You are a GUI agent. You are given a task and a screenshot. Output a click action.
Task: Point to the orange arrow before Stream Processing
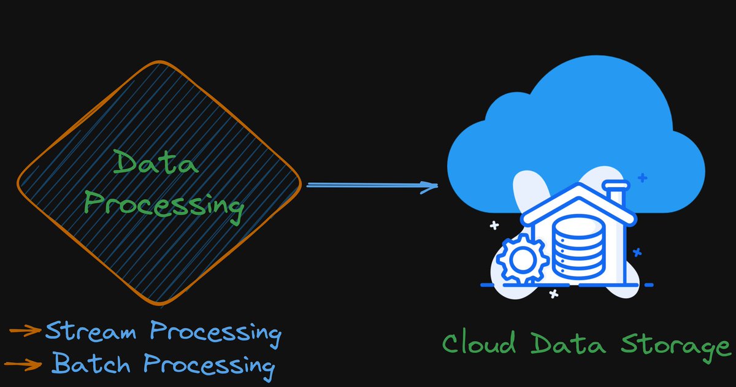25,332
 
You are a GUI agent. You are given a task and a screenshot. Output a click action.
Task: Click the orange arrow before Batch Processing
25,363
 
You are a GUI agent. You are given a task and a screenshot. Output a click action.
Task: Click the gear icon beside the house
521,261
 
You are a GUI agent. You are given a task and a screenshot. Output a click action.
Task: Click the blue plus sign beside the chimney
642,178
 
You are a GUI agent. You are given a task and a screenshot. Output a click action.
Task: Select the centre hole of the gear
521,261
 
